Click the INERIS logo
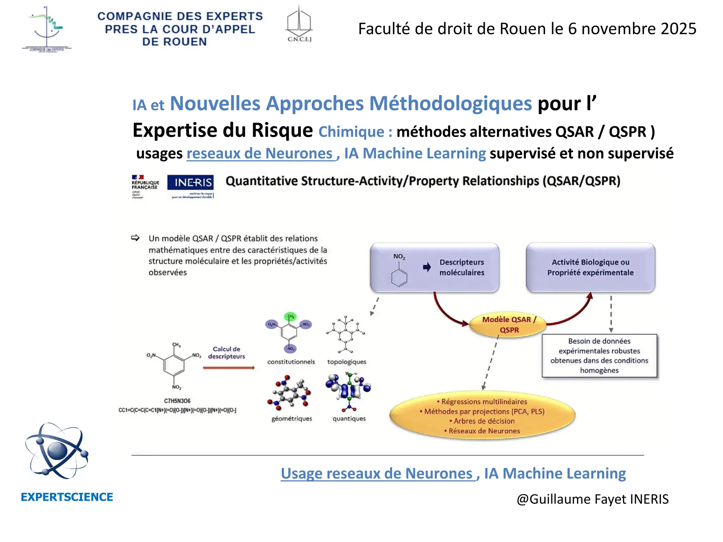[x=190, y=186]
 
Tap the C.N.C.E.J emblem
[x=299, y=24]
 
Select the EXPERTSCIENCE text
[x=67, y=497]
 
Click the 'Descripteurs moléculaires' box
[x=435, y=267]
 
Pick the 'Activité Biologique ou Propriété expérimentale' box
[x=590, y=267]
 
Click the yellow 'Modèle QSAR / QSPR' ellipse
[x=509, y=325]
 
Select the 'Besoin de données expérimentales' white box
[x=599, y=356]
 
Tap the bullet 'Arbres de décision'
[x=484, y=421]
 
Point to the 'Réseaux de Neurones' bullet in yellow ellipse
[x=484, y=431]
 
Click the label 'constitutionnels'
[x=291, y=362]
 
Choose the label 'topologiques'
[x=347, y=362]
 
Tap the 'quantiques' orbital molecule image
[x=348, y=391]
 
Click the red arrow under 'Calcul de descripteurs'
[x=229, y=368]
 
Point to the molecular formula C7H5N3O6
[x=177, y=401]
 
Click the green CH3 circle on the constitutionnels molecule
[x=291, y=316]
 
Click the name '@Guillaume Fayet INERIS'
[x=592, y=499]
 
